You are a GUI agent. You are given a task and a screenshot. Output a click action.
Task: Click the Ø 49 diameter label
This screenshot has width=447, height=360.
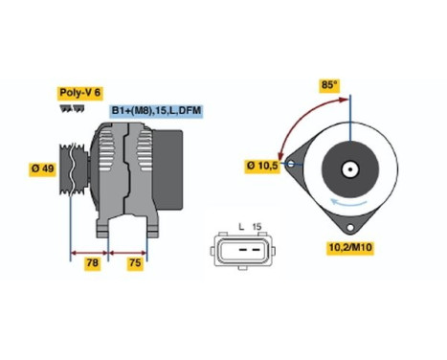[40, 170]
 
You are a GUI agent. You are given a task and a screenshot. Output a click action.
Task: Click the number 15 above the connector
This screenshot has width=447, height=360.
[257, 227]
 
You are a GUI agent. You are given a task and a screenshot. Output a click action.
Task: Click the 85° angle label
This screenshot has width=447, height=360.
[328, 86]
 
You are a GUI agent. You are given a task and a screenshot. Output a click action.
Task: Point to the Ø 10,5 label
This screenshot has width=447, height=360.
[260, 166]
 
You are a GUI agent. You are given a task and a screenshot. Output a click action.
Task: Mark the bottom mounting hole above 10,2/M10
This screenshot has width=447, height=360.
[350, 229]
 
